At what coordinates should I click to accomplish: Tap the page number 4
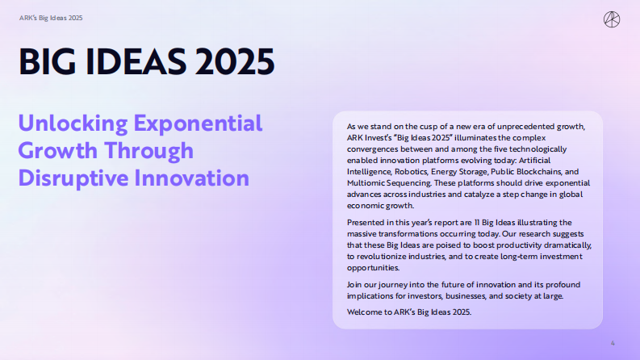[x=612, y=344]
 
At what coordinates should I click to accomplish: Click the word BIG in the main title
[x=51, y=61]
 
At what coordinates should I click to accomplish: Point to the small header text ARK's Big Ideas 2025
[x=51, y=17]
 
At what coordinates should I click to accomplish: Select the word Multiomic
[x=366, y=183]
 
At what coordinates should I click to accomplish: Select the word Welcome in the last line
[x=364, y=312]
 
